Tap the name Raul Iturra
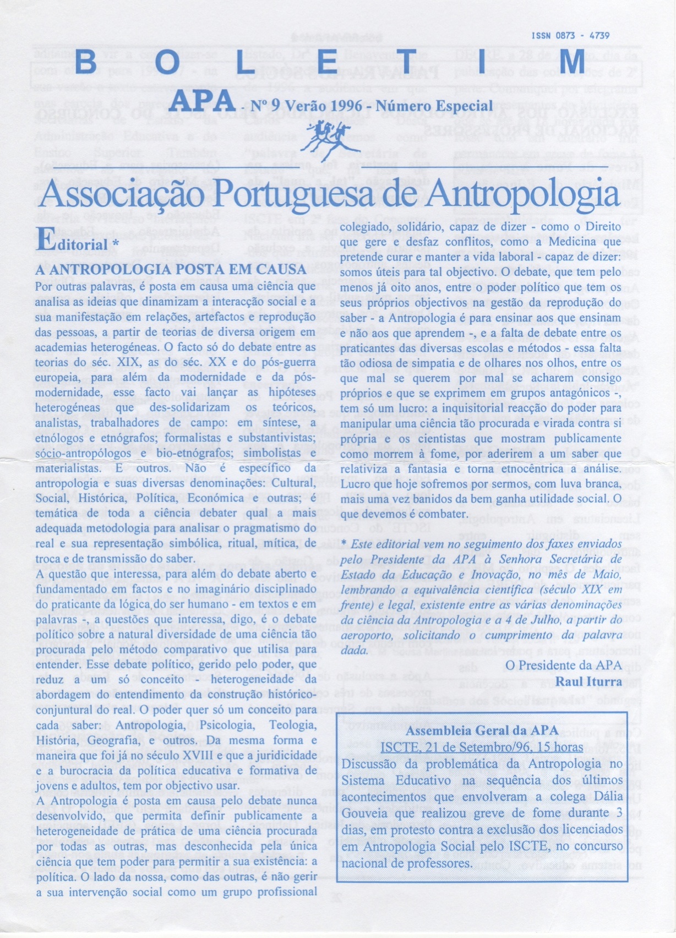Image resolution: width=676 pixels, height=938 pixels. pyautogui.click(x=588, y=681)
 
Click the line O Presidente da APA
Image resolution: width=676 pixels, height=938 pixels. pyautogui.click(x=563, y=665)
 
